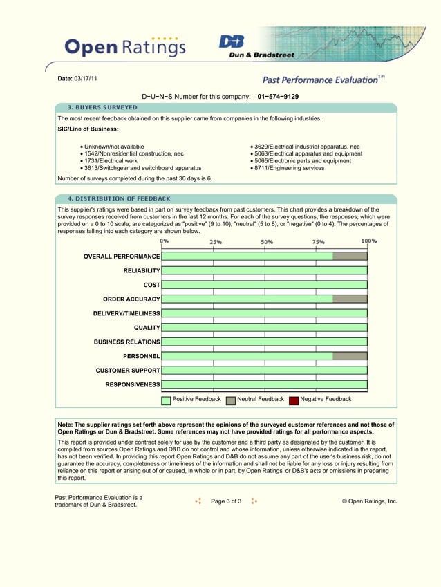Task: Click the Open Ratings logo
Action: point(125,46)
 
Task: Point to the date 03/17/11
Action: point(86,78)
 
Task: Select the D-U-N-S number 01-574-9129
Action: point(278,97)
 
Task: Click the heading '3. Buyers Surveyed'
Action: point(102,108)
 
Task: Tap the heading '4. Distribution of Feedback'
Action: point(118,198)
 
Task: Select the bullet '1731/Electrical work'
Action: point(111,161)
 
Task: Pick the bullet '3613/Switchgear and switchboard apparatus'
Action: point(142,168)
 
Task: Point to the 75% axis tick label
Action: point(318,242)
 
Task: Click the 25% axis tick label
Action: point(216,242)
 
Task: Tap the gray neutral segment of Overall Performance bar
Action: point(350,257)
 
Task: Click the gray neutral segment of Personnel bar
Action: point(350,356)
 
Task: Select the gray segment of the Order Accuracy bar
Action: point(350,299)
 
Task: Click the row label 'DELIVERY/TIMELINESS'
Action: point(126,313)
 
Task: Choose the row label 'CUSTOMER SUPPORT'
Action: point(128,371)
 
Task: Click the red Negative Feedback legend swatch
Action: point(294,400)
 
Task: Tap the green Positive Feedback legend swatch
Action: point(166,400)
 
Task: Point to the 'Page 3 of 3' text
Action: point(226,501)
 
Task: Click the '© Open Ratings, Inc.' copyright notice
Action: point(370,501)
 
